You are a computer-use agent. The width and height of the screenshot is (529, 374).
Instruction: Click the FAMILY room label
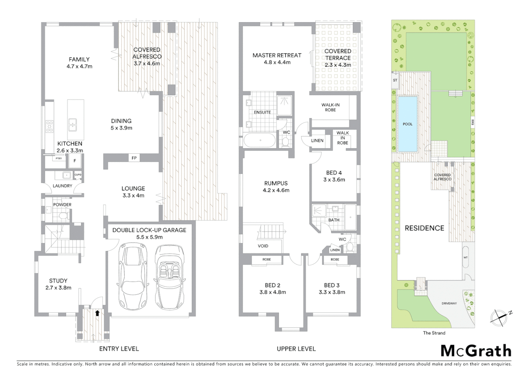click(x=79, y=60)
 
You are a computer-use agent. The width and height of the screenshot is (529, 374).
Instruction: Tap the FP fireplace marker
click(x=134, y=158)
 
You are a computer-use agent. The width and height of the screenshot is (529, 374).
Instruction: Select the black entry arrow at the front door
click(x=97, y=313)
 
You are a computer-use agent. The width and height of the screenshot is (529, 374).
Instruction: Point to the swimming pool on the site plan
click(x=407, y=124)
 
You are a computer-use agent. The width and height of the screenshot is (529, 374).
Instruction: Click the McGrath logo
click(x=476, y=351)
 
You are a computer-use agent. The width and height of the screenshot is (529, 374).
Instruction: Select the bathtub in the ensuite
click(x=260, y=141)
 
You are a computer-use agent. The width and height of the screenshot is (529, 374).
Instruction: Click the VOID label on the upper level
click(x=263, y=246)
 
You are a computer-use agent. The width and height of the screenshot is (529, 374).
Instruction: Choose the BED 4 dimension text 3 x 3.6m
click(x=334, y=180)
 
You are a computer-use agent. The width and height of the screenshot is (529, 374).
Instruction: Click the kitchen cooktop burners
click(x=50, y=126)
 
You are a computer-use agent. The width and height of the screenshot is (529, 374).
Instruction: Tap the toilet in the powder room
click(x=63, y=216)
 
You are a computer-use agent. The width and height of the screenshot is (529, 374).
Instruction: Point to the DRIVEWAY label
click(x=449, y=303)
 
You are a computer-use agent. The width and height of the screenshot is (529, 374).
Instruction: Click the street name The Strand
click(x=434, y=333)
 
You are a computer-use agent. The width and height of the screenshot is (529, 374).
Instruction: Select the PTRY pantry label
click(x=59, y=159)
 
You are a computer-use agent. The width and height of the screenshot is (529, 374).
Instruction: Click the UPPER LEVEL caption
click(x=296, y=349)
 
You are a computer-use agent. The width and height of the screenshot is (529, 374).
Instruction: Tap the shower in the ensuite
click(x=285, y=105)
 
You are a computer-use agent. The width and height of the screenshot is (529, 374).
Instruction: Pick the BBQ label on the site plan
click(x=473, y=122)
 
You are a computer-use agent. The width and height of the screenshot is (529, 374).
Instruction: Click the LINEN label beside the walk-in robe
click(x=317, y=141)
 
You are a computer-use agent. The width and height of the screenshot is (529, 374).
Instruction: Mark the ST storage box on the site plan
click(x=395, y=80)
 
